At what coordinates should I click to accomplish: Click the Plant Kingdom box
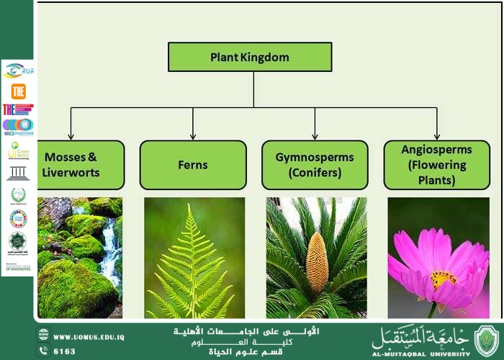point(250,57)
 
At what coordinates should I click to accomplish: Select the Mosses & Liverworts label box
point(71,165)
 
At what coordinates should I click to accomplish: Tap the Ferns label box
point(192,165)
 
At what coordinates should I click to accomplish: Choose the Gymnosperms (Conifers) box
point(315,165)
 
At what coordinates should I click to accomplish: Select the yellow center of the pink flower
point(443,278)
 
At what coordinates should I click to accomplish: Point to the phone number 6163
point(65,351)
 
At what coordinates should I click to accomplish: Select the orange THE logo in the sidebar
point(18,91)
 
